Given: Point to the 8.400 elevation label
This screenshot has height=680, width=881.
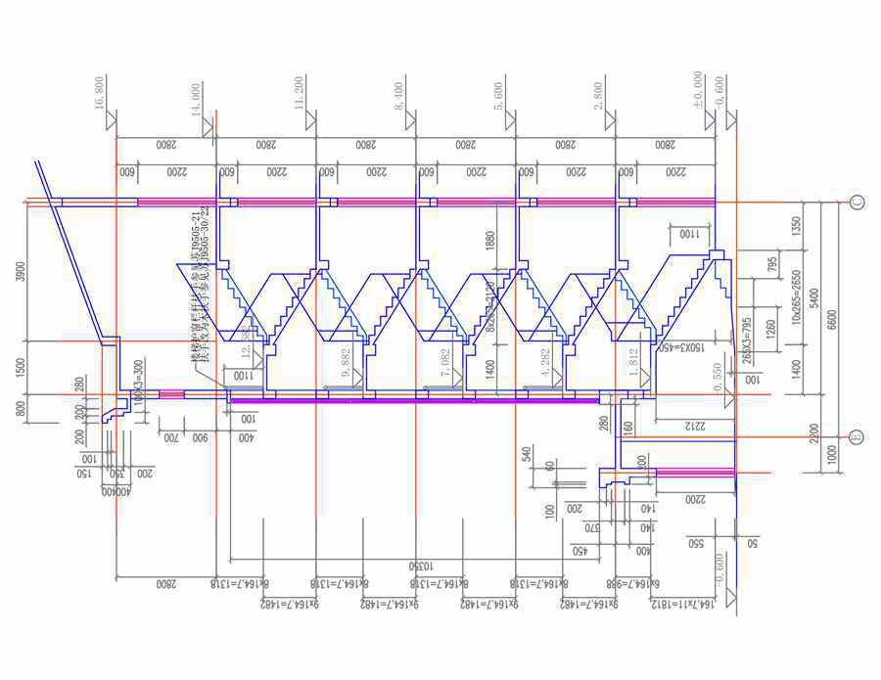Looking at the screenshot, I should pyautogui.click(x=399, y=91).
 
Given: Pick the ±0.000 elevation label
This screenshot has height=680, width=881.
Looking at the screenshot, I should pyautogui.click(x=697, y=87).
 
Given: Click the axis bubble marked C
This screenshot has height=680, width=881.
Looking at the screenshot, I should pyautogui.click(x=858, y=204).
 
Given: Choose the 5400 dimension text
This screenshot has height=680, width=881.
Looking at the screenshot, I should pyautogui.click(x=811, y=298).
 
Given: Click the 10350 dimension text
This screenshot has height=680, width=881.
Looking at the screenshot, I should pyautogui.click(x=414, y=567).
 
